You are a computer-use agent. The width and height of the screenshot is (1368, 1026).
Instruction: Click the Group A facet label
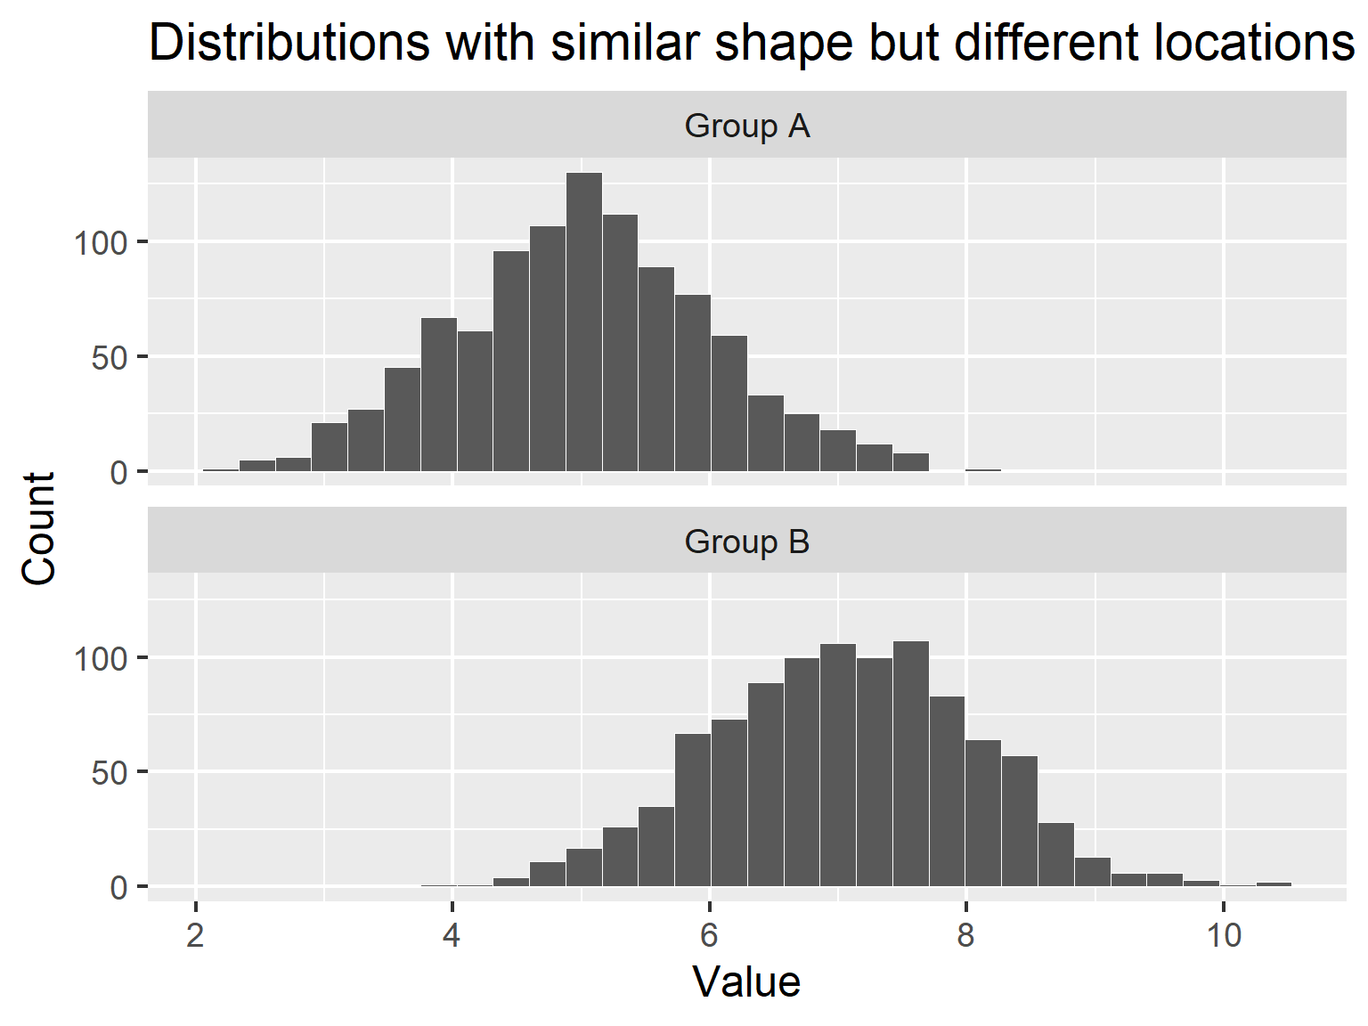[747, 126]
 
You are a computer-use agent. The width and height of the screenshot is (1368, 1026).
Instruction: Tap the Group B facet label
[747, 541]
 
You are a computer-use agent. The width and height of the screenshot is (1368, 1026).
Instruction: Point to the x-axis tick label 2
[195, 936]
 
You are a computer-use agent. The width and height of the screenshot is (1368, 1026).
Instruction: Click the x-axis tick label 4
[452, 936]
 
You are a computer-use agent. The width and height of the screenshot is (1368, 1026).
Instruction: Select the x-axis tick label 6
[709, 936]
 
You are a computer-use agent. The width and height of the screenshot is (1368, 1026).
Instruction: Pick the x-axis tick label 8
[966, 936]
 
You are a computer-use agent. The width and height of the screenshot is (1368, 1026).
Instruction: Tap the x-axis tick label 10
[1223, 936]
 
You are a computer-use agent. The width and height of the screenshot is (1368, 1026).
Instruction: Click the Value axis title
[746, 982]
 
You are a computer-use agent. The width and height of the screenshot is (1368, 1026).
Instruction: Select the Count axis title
[39, 529]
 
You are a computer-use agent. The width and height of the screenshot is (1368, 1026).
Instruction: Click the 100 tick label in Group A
[101, 242]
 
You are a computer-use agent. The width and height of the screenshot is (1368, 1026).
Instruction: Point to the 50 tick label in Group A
[110, 357]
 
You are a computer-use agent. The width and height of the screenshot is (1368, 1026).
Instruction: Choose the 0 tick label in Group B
[118, 888]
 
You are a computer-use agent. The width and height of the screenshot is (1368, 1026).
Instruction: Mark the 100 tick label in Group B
[101, 659]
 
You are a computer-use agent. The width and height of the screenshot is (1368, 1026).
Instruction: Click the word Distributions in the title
[290, 42]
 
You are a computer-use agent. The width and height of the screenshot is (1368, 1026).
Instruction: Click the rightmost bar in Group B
[1274, 884]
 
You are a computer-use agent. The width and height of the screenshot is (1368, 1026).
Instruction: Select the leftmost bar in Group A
[221, 469]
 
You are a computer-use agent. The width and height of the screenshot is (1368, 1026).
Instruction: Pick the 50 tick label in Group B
[110, 773]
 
